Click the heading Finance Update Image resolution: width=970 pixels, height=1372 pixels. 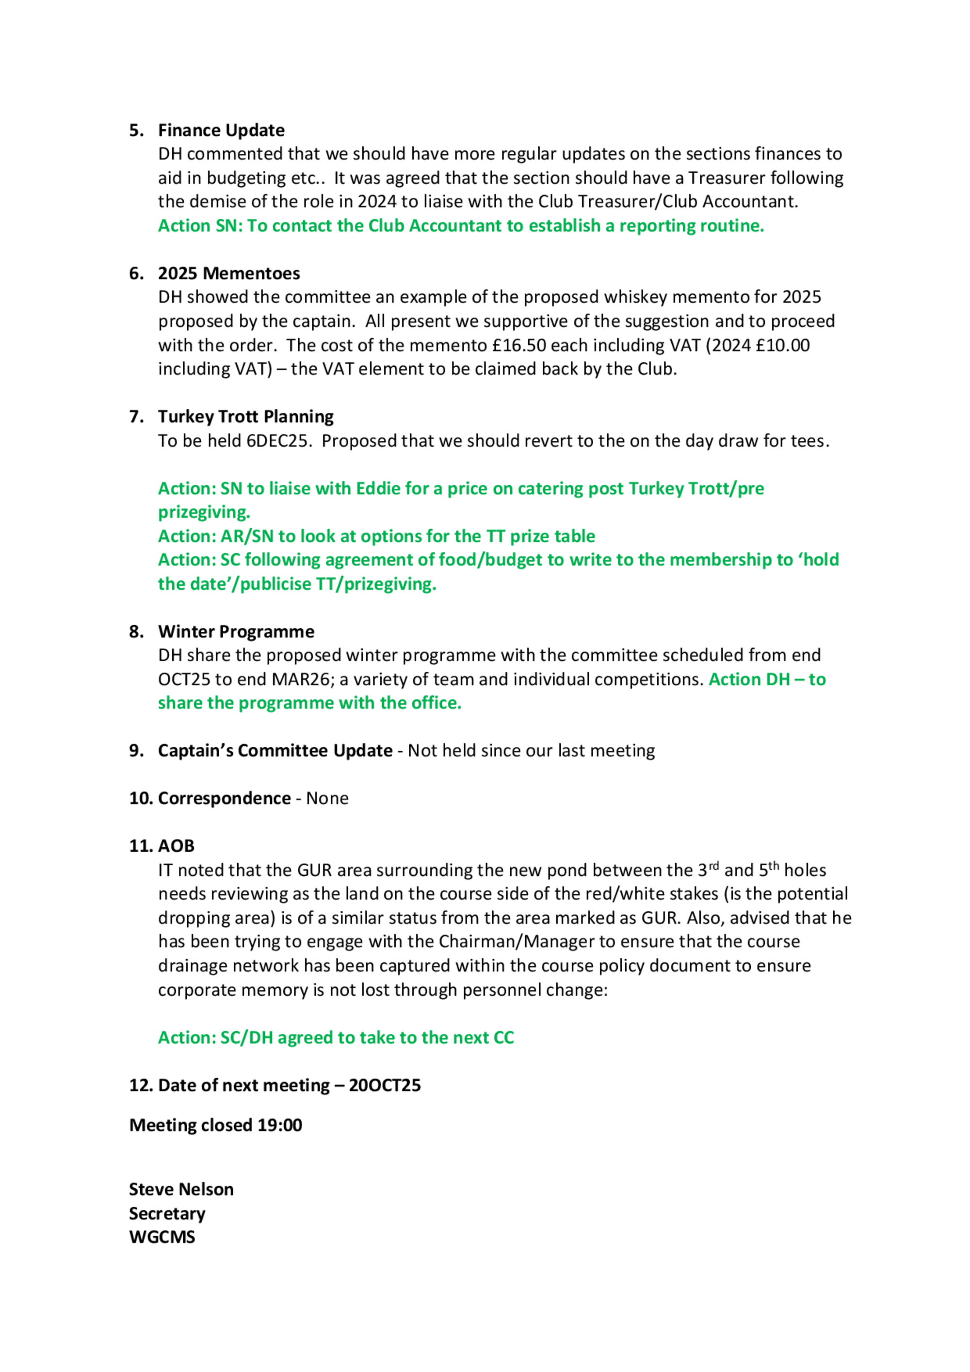coord(221,130)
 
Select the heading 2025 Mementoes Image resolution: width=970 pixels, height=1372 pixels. coord(229,274)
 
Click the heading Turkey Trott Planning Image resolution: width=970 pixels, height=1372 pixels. coord(245,417)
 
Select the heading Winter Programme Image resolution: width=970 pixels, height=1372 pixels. coord(236,631)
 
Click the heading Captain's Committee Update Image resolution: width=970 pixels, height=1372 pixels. coord(275,751)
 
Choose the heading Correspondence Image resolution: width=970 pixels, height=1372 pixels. coord(224,798)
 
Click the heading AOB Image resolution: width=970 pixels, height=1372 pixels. coord(177,846)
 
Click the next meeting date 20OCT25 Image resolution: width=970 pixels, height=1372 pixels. coord(384,1085)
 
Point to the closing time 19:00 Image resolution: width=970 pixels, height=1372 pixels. coord(280,1125)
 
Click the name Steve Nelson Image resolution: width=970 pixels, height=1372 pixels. coord(181,1189)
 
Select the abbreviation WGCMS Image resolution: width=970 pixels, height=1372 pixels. coord(162,1237)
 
